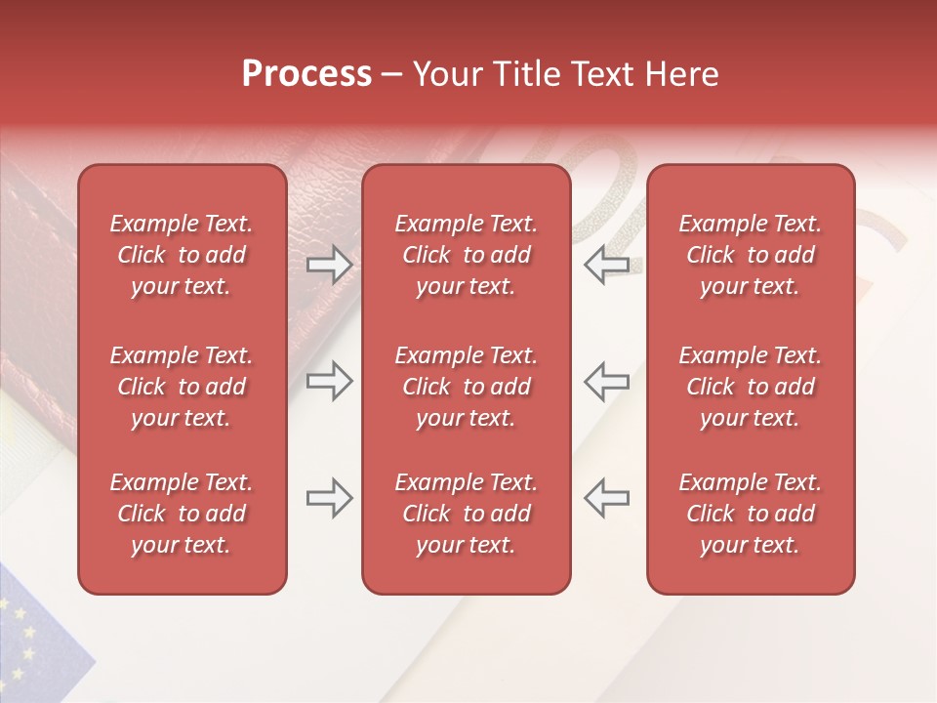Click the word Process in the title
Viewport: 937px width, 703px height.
(306, 74)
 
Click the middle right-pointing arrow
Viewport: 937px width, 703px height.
(329, 382)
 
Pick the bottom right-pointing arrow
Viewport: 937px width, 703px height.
(329, 498)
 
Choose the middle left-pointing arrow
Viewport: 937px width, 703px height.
(606, 382)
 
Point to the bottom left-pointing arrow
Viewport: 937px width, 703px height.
(606, 498)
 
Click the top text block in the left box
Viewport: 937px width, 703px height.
(182, 255)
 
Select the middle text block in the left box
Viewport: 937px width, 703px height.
(182, 387)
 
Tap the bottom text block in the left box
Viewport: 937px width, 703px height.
(182, 514)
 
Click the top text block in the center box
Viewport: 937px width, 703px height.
(466, 255)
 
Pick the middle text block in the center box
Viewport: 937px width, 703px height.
(466, 387)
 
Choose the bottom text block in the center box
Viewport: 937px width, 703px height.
(466, 514)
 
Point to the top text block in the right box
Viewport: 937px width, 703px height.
(750, 255)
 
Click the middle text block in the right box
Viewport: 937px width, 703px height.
(750, 387)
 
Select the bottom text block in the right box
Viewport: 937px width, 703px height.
(750, 514)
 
